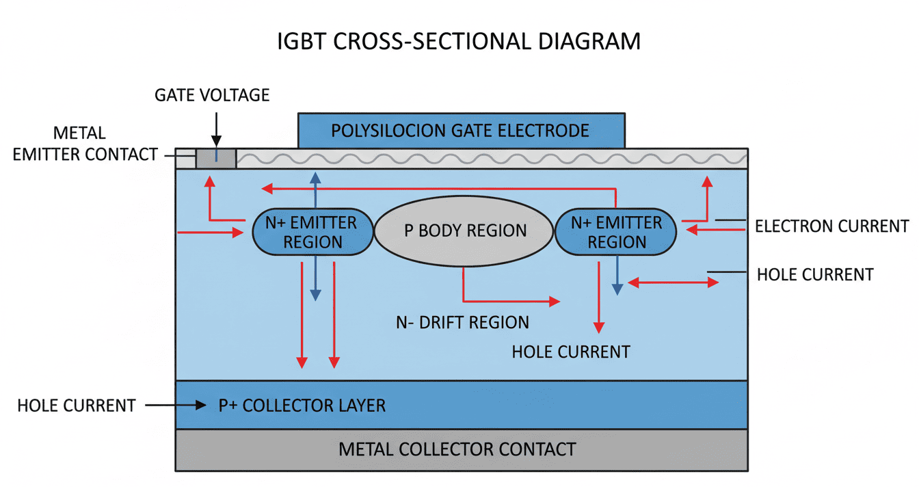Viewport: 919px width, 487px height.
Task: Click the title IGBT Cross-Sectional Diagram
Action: click(459, 41)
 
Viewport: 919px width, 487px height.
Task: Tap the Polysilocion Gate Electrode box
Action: click(461, 130)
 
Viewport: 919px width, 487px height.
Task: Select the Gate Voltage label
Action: click(212, 95)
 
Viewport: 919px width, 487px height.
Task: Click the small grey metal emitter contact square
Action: click(216, 158)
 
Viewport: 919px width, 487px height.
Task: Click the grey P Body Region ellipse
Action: click(464, 231)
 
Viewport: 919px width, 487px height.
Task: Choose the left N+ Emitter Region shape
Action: click(313, 232)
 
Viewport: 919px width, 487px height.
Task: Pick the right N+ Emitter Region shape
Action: click(615, 232)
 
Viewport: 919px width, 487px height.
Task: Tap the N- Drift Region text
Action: click(462, 322)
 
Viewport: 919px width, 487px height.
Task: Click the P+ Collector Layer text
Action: click(302, 405)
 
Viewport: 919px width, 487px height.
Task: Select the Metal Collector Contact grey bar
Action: click(461, 449)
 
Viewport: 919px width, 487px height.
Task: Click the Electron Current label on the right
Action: click(831, 226)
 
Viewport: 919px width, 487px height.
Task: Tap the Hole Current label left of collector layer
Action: click(77, 405)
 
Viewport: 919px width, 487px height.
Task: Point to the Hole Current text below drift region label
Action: click(571, 352)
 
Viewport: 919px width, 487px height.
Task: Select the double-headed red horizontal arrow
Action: click(674, 282)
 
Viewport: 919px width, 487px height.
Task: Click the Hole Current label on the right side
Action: click(815, 275)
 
